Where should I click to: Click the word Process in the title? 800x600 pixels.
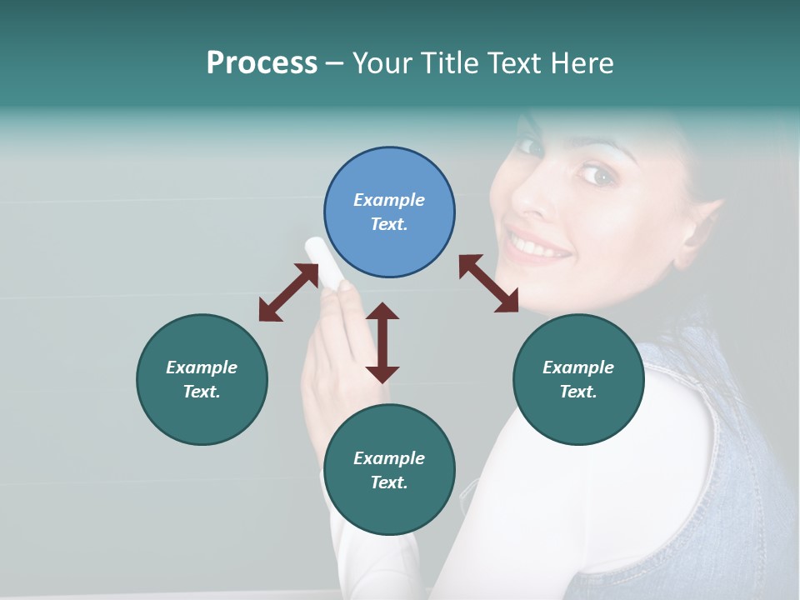pyautogui.click(x=262, y=64)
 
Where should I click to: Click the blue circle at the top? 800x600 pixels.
pyautogui.click(x=389, y=212)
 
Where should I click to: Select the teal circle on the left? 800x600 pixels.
pyautogui.click(x=202, y=379)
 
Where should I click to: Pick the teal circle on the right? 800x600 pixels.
pyautogui.click(x=578, y=379)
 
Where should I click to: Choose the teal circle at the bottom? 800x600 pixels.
pyautogui.click(x=389, y=470)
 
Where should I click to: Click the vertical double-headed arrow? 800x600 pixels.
pyautogui.click(x=382, y=342)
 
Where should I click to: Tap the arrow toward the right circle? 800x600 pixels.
pyautogui.click(x=489, y=283)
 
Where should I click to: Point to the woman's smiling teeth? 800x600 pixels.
pyautogui.click(x=540, y=247)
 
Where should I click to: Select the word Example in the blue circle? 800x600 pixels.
pyautogui.click(x=389, y=200)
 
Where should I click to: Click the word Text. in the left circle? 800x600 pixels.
pyautogui.click(x=202, y=392)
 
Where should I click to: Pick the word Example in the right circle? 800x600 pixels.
pyautogui.click(x=578, y=367)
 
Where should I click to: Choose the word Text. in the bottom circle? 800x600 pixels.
pyautogui.click(x=389, y=482)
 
